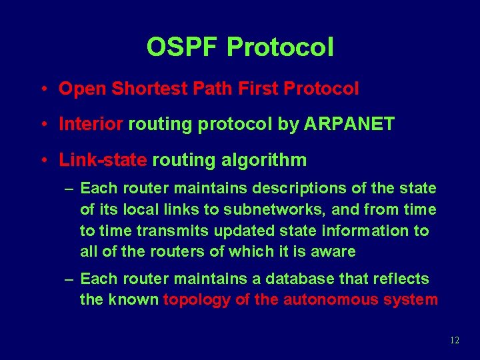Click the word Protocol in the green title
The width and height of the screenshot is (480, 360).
(x=280, y=47)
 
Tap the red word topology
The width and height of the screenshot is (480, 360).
(x=196, y=300)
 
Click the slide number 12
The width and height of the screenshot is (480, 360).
(x=455, y=341)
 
